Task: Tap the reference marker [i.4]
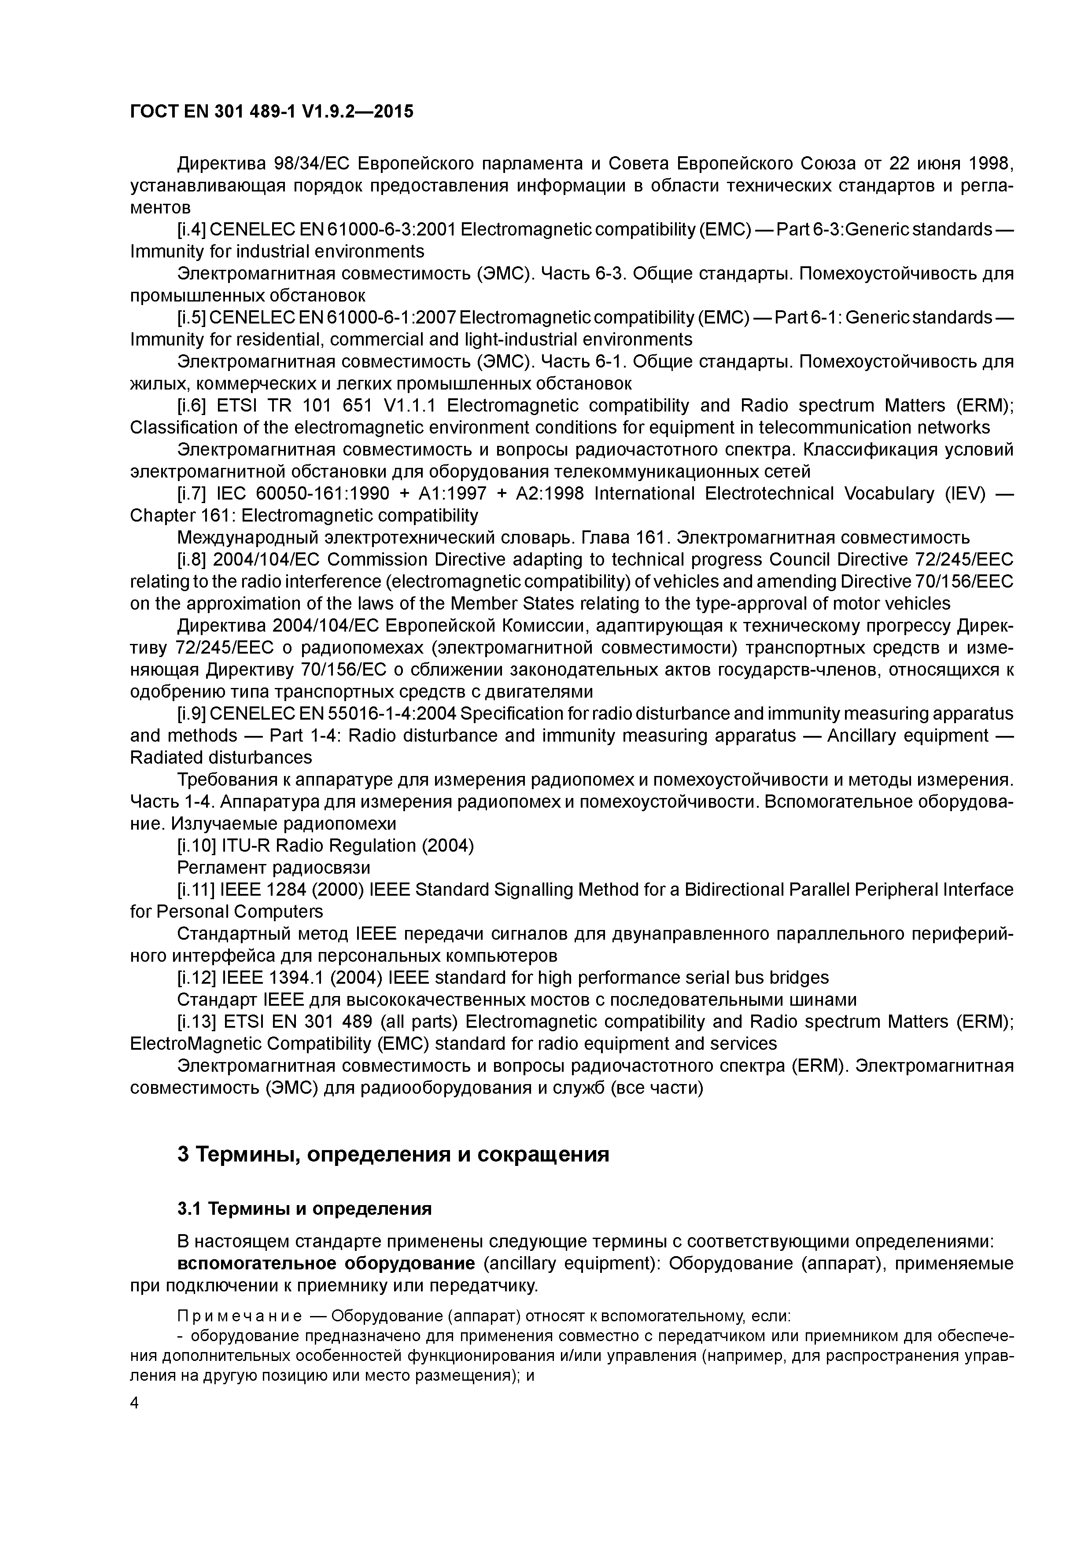coord(192,230)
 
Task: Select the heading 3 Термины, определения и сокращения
coord(393,1154)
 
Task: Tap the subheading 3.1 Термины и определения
coord(304,1209)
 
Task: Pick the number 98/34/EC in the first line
coord(311,163)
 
